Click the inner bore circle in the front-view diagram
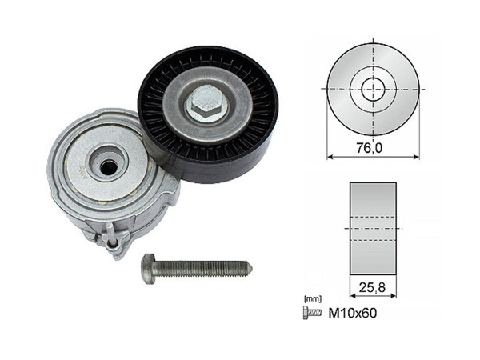click(x=373, y=88)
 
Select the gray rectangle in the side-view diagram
click(x=373, y=226)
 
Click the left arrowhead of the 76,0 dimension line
click(x=330, y=157)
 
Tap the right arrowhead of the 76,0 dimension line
click(x=416, y=157)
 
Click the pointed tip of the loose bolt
click(x=250, y=266)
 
